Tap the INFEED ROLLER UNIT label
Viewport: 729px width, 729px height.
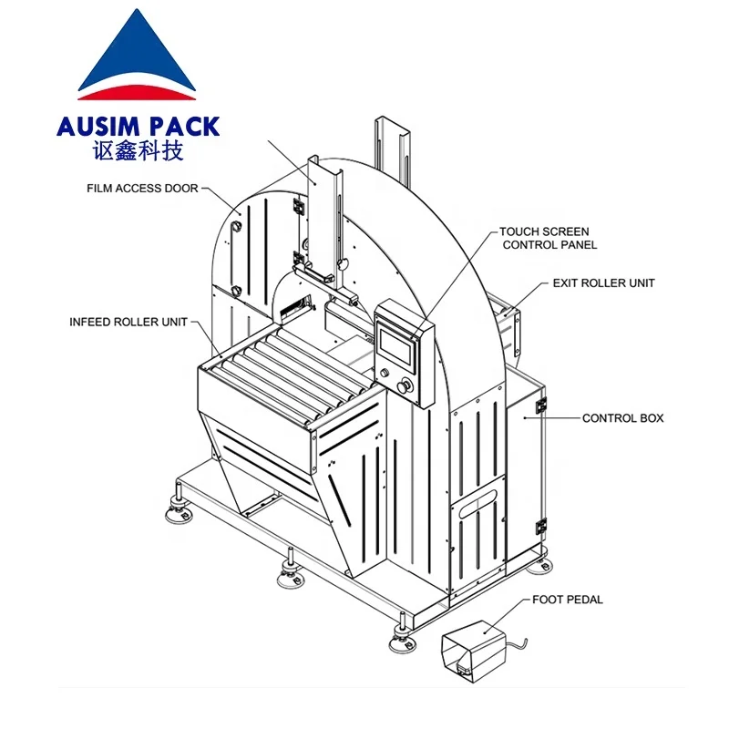(x=128, y=322)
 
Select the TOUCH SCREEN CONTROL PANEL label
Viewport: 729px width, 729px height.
(x=543, y=238)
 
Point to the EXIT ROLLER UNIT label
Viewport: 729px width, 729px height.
(x=603, y=283)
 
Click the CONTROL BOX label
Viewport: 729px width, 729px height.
(x=622, y=418)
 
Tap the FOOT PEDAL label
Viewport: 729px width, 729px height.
(x=569, y=600)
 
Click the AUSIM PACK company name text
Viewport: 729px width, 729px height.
(x=138, y=127)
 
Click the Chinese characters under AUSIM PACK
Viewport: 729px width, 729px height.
(x=138, y=151)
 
